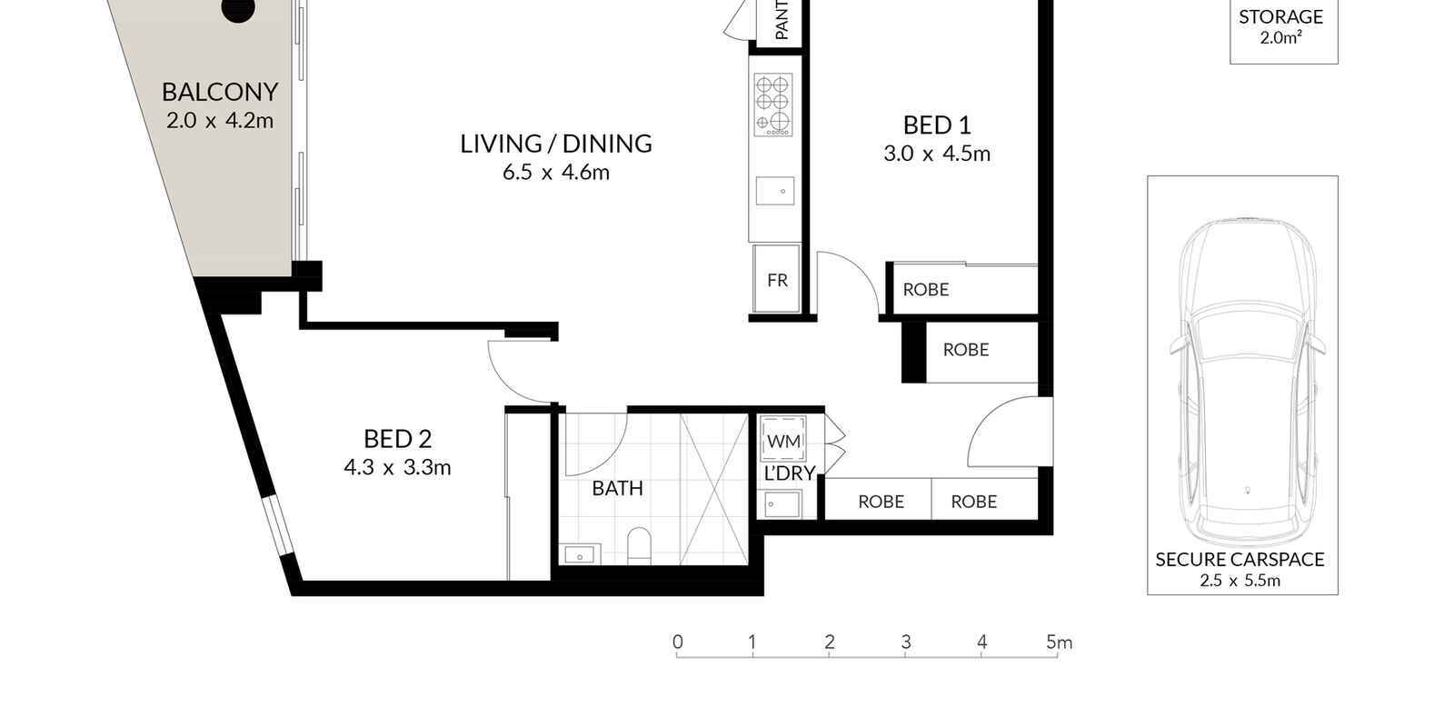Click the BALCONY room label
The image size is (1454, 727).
220,92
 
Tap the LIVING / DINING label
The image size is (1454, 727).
556,144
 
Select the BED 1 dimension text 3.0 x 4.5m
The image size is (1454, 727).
937,154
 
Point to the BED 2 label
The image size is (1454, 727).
397,440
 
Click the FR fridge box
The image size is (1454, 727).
776,279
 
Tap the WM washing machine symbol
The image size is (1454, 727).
783,440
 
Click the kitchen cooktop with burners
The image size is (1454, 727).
773,105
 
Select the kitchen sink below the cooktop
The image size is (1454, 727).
775,191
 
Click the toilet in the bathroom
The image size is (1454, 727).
640,546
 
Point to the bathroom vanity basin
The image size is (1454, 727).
579,555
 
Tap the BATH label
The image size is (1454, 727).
617,488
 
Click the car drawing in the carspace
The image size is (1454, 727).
1247,383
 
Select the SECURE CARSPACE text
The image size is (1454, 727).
1240,560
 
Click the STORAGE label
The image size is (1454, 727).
1280,17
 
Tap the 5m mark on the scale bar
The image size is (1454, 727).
1059,642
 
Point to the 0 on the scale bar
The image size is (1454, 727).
678,642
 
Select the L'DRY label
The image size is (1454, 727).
790,473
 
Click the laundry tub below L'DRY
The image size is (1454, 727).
782,504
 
